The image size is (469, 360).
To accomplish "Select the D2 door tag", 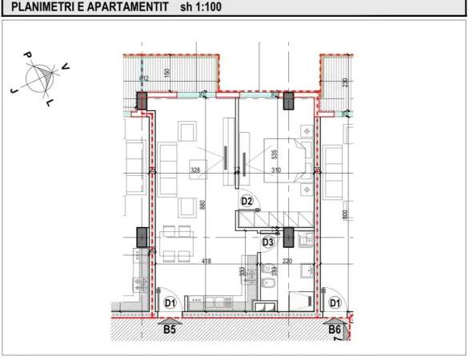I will (x=247, y=201).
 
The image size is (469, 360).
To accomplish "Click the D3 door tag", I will (x=269, y=242).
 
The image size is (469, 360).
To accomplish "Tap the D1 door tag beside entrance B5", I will (x=170, y=302).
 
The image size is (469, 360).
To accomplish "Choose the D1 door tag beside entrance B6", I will (x=335, y=302).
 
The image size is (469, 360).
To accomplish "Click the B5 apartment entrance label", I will (x=170, y=328).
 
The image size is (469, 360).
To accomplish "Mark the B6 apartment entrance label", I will (x=335, y=328).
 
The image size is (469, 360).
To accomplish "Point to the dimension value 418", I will (x=206, y=261).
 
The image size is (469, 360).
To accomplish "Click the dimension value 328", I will (x=194, y=170).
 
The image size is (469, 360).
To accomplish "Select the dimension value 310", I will (x=277, y=170).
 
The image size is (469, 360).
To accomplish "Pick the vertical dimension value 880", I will (x=202, y=205).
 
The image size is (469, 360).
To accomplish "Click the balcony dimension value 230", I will (x=345, y=82).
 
